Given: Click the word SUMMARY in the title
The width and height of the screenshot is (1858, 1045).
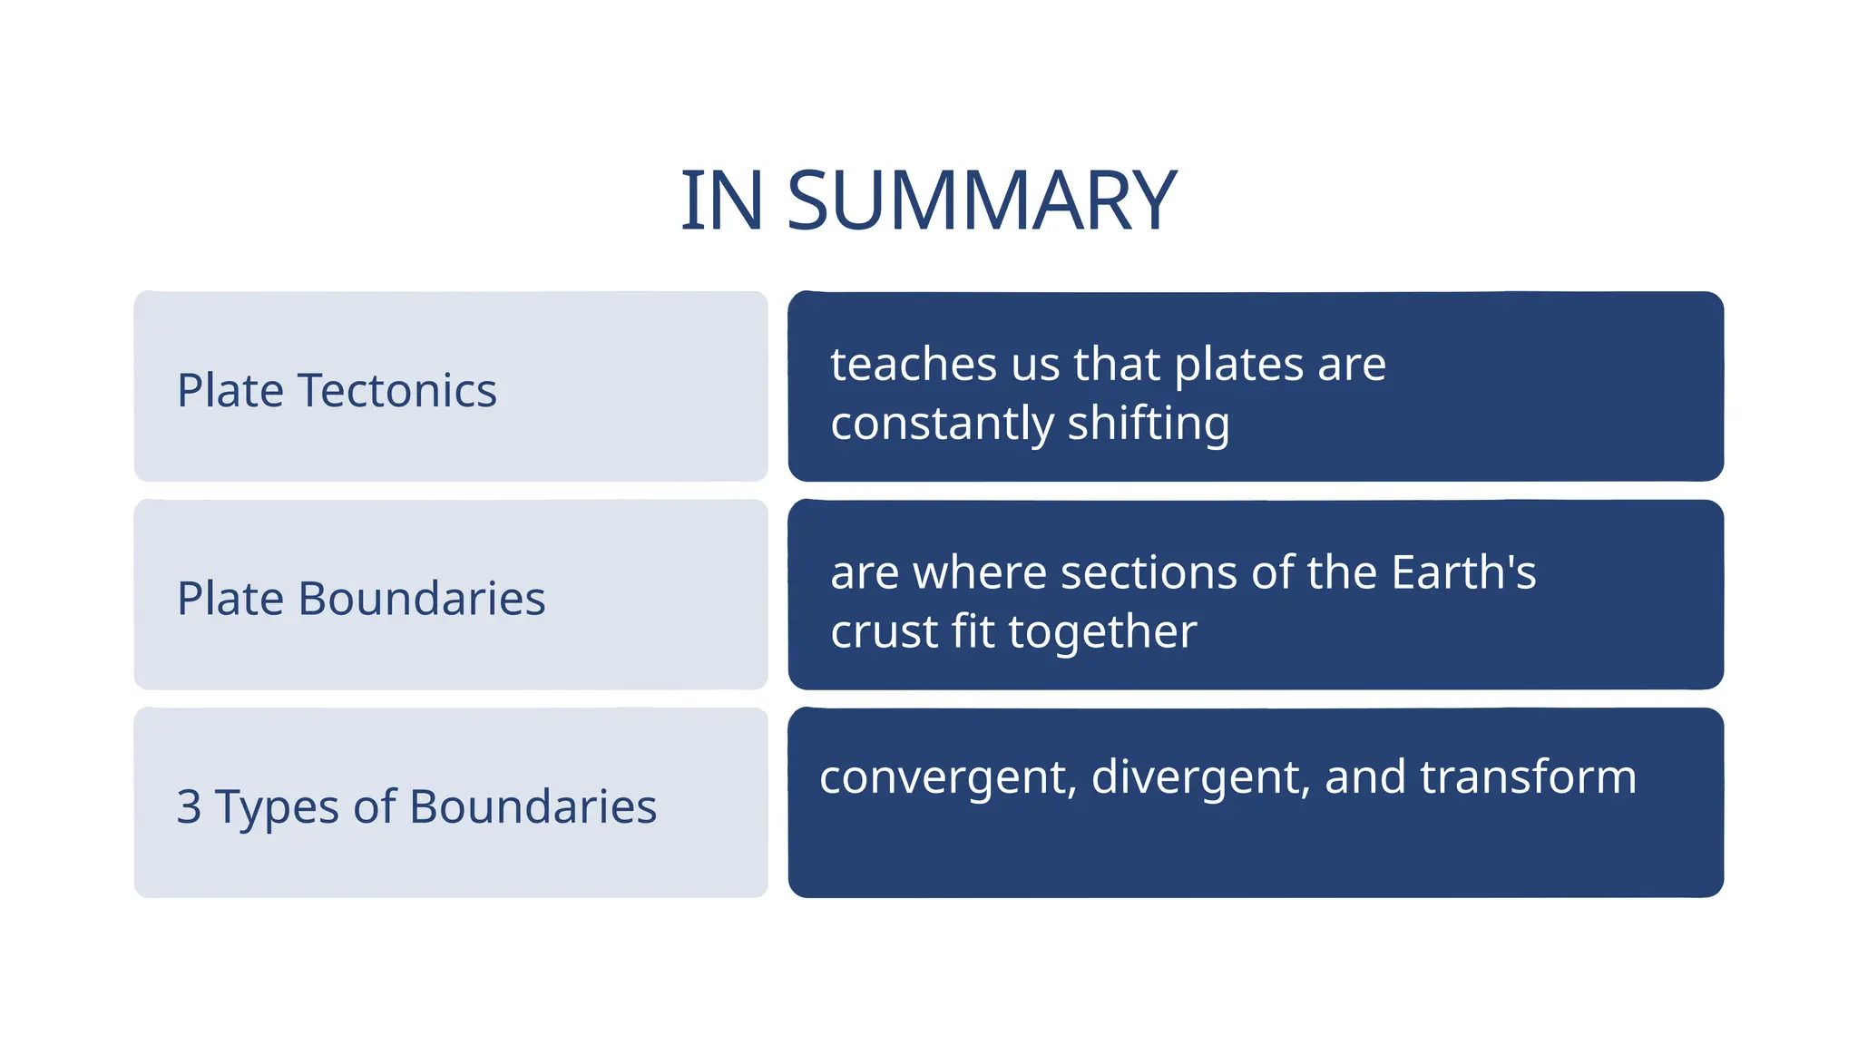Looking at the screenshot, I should tap(982, 201).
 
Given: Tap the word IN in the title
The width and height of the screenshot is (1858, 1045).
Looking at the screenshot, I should tap(721, 201).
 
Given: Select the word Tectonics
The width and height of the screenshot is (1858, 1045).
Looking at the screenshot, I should tap(396, 391).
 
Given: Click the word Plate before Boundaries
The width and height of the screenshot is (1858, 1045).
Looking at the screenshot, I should tap(230, 599).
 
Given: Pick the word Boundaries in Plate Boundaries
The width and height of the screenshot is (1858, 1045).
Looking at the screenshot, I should tap(422, 599).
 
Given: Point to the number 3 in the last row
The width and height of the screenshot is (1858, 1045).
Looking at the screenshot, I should tap(189, 806).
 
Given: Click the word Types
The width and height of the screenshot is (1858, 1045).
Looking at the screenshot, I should tap(277, 808).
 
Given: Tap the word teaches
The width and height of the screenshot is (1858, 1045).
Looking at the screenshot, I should tap(914, 365).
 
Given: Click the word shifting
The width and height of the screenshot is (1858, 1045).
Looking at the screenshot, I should tap(1148, 425).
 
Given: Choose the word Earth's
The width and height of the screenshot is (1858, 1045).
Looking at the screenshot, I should tap(1463, 572).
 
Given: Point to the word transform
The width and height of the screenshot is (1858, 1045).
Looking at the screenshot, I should tap(1528, 777).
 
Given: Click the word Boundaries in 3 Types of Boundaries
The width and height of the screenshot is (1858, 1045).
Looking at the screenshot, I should tap(533, 806).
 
